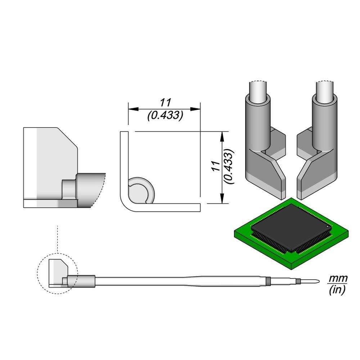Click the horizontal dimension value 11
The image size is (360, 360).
[x=166, y=103]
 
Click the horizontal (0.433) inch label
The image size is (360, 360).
[x=165, y=116]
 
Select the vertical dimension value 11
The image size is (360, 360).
[x=216, y=166]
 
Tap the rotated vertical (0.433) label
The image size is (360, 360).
[x=229, y=166]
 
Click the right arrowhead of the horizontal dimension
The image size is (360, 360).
[x=195, y=109]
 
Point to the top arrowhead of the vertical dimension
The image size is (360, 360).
[x=222, y=137]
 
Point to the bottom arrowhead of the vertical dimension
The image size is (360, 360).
[x=222, y=198]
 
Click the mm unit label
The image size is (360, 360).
[x=337, y=279]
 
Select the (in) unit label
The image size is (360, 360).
[x=337, y=290]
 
